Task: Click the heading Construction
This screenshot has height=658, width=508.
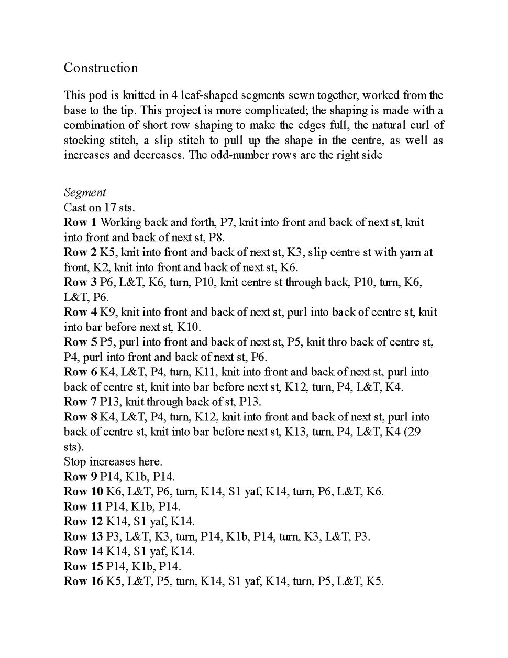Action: tap(101, 68)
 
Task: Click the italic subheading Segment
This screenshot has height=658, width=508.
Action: tap(84, 192)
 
